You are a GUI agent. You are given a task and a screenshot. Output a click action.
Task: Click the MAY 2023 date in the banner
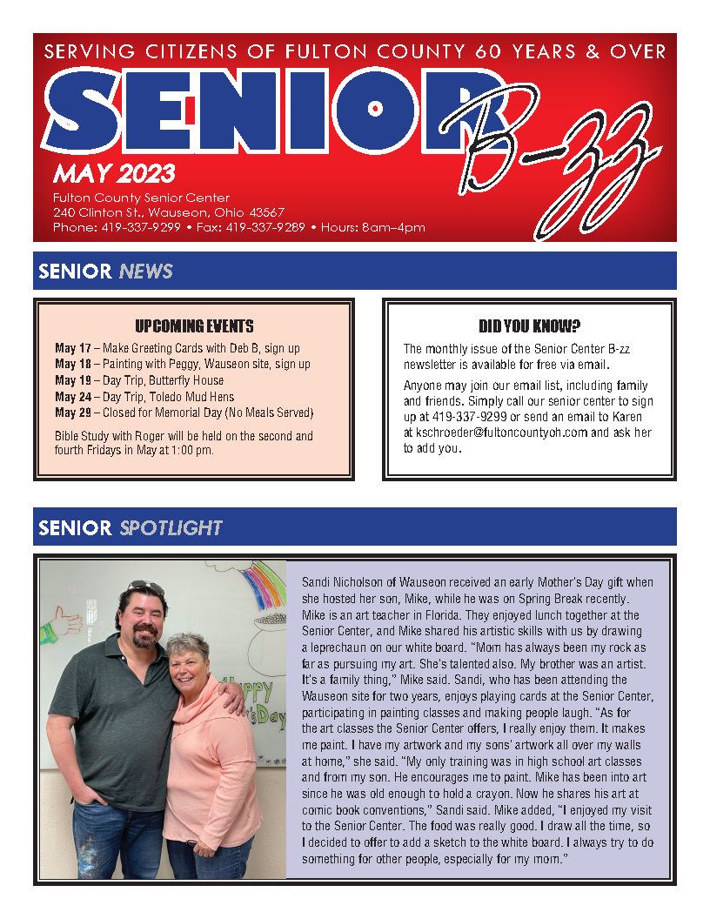[114, 172]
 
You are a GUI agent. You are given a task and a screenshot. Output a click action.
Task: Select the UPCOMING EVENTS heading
[194, 326]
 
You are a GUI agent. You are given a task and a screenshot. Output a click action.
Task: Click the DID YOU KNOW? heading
[529, 326]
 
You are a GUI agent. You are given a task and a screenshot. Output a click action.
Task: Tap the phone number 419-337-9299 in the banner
[141, 228]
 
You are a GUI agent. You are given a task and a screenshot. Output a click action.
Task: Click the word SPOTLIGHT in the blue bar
[171, 527]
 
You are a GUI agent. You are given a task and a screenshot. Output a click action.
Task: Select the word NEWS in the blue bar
[146, 272]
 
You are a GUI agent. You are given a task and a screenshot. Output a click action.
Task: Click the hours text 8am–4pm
[396, 228]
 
